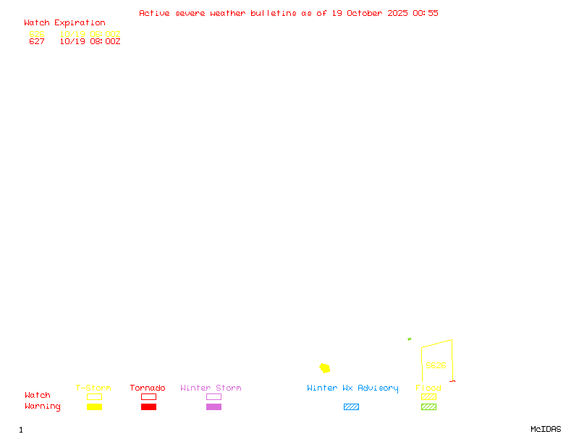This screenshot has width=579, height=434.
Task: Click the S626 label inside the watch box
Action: pos(436,365)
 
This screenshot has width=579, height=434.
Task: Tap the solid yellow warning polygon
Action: pos(325,368)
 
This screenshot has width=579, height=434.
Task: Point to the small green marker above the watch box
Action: pos(409,339)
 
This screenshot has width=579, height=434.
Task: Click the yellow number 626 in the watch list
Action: pos(37,34)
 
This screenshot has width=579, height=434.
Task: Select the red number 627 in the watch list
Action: pos(37,41)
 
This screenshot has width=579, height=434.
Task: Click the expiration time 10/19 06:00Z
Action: pos(90,34)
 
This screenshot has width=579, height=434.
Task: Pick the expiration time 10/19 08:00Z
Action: pos(90,41)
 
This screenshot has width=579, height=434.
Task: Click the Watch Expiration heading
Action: pos(64,23)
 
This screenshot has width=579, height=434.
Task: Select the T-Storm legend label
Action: pos(93,388)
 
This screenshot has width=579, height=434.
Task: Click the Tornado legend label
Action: pos(148,388)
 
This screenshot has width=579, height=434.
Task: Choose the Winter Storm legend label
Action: pos(211,388)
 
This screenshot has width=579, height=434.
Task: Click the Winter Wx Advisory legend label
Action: pos(352,388)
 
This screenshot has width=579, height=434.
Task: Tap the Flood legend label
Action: pos(428,388)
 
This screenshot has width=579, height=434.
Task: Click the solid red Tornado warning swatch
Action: pos(148,407)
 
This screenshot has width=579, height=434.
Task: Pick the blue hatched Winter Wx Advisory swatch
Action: pos(351,407)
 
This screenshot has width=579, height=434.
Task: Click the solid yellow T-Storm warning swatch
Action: pos(94,407)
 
